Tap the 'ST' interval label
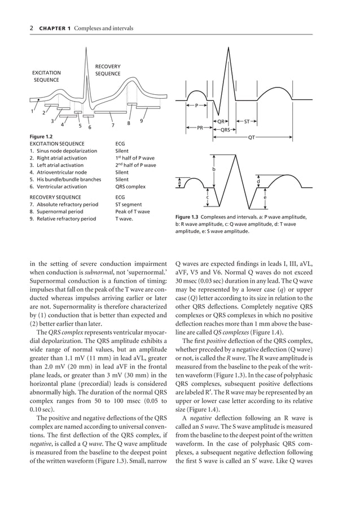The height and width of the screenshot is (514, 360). click(247, 121)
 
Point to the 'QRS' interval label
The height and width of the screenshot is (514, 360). click(225, 129)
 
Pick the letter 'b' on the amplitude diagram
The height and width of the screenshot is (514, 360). click(214, 169)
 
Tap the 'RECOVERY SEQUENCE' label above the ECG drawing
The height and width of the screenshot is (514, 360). click(107, 71)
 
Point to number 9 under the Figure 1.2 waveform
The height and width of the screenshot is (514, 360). click(141, 121)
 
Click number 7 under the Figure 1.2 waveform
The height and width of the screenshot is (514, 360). click(113, 125)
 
